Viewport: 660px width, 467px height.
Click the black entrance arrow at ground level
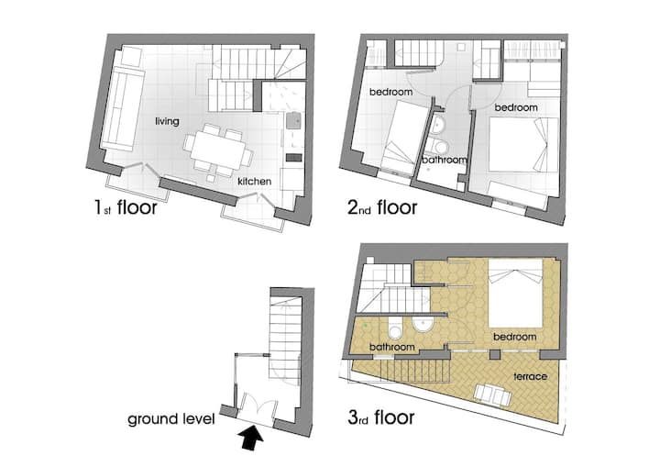[251, 439]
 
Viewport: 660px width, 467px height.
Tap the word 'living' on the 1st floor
[167, 121]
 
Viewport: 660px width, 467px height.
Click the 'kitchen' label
[254, 182]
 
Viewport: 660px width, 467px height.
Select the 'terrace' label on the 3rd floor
[531, 376]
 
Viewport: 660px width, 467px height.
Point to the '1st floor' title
[126, 207]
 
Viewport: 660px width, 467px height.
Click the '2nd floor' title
[382, 207]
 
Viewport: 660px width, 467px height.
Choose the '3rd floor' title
[381, 417]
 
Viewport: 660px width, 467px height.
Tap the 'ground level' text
[171, 419]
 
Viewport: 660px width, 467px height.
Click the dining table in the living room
[217, 150]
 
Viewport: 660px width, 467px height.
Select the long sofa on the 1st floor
[122, 109]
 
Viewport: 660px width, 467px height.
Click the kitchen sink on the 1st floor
[294, 120]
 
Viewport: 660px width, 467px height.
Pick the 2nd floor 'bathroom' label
[444, 161]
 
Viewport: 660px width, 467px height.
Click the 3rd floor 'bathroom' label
[392, 347]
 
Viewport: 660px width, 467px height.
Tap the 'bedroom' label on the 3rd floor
[515, 337]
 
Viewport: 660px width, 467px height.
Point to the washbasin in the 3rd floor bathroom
[423, 324]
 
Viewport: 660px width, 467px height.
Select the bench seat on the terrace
[492, 395]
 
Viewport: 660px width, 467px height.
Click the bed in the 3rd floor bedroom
[515, 293]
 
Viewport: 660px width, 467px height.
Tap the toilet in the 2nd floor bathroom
[439, 147]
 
